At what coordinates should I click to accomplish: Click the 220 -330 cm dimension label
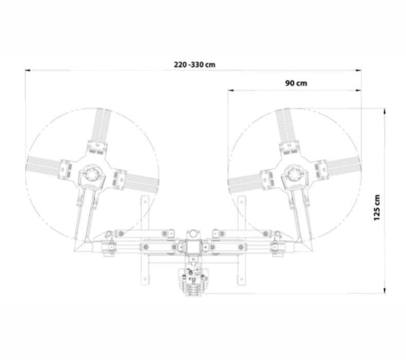[x=195, y=64]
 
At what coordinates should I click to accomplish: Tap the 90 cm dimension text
[x=296, y=83]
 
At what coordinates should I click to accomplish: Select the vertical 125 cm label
[x=377, y=208]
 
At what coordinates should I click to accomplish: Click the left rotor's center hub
[x=92, y=174]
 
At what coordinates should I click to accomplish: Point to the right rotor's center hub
[x=294, y=174]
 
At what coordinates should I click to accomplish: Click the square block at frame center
[x=193, y=247]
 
